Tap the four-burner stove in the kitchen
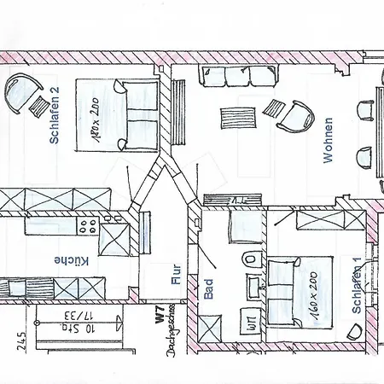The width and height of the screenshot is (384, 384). point(88,225)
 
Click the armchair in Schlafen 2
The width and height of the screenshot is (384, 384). point(24,92)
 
